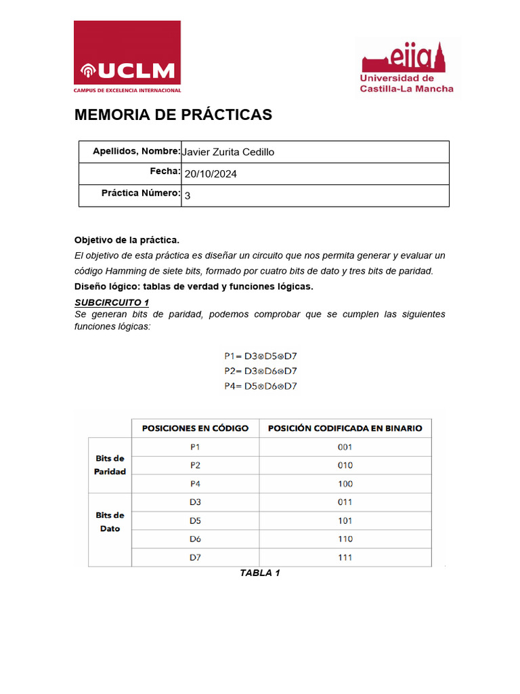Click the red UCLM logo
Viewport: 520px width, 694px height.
click(127, 57)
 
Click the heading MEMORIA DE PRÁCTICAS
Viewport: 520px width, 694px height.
click(173, 115)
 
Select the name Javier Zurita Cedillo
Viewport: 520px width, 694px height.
click(228, 152)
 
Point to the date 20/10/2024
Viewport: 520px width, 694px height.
click(211, 174)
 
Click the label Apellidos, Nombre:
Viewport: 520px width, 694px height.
click(136, 151)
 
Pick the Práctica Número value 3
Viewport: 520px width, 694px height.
click(188, 195)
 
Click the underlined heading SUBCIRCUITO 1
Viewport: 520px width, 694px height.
click(111, 302)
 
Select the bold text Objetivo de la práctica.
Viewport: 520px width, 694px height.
click(127, 240)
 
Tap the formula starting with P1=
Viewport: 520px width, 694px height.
click(261, 356)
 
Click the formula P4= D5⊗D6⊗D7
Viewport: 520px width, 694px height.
click(261, 386)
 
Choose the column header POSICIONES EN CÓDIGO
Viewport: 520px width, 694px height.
click(195, 428)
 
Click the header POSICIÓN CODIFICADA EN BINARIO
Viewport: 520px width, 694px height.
click(345, 428)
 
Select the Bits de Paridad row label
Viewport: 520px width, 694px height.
click(110, 465)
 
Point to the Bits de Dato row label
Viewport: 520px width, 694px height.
click(110, 521)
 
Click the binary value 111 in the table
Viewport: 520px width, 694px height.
click(345, 558)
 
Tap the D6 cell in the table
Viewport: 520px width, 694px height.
click(195, 539)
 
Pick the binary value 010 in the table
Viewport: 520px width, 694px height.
click(345, 466)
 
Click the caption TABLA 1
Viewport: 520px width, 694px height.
click(260, 573)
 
